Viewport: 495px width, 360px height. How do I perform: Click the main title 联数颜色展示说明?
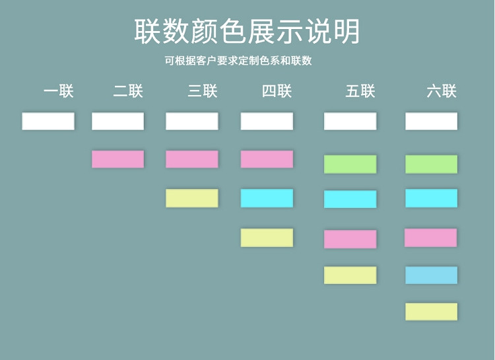coord(247,31)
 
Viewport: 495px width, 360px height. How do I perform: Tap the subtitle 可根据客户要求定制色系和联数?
coord(238,61)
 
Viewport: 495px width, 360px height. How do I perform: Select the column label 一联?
coord(59,91)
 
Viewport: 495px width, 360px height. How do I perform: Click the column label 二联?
coord(128,91)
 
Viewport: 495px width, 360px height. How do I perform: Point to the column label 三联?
coord(203,91)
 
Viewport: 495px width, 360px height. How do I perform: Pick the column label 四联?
coord(277,91)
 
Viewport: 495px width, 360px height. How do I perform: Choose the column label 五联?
coord(360,91)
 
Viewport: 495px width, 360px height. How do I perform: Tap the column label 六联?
coord(442,91)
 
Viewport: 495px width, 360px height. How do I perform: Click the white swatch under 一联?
coord(48,121)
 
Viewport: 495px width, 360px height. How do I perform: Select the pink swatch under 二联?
coord(117,159)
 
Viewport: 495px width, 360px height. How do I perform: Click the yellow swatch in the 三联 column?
coord(191,198)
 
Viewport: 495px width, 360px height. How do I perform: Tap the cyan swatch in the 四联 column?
coord(267,198)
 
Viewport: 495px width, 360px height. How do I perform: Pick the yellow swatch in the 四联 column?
coord(267,238)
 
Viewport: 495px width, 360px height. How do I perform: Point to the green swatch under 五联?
coord(350,164)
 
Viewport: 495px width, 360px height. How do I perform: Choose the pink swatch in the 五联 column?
coord(350,239)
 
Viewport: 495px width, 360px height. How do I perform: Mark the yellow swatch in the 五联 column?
coord(350,275)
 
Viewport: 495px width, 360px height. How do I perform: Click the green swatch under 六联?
coord(431,164)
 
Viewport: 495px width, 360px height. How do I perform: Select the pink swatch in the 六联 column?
coord(431,238)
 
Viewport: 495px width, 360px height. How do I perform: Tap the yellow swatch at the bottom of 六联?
coord(431,312)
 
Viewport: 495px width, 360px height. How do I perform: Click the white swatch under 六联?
coord(431,121)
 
